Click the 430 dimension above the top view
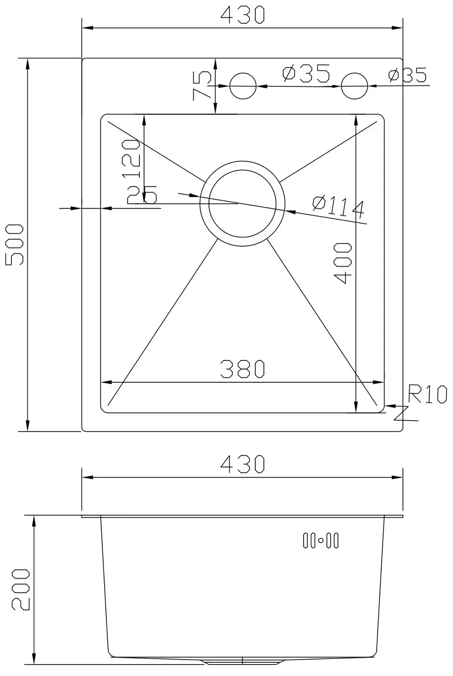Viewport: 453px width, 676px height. click(242, 15)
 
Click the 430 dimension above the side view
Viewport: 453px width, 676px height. click(242, 464)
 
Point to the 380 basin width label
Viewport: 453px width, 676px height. click(242, 369)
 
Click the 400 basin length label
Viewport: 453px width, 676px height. click(342, 263)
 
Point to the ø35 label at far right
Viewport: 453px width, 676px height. click(407, 75)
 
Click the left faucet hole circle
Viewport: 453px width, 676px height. click(243, 86)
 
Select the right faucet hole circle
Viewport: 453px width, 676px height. click(354, 86)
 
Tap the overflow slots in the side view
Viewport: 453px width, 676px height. click(321, 541)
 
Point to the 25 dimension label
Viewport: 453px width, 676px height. click(142, 195)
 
